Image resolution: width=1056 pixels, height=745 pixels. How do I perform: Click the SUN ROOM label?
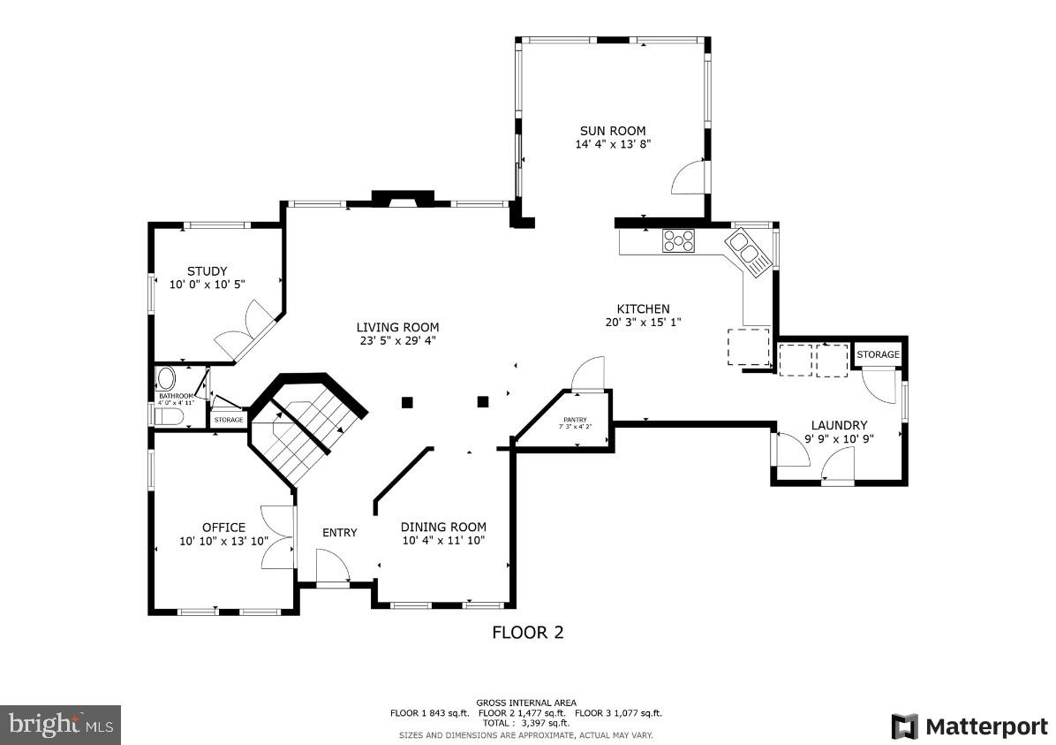tap(613, 131)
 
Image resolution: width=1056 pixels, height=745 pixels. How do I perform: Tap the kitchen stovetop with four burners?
tap(679, 240)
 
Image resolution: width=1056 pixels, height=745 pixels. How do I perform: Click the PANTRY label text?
tap(575, 420)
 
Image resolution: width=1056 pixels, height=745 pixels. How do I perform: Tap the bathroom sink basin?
tap(166, 380)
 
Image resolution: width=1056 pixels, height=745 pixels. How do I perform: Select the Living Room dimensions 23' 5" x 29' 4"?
tap(397, 340)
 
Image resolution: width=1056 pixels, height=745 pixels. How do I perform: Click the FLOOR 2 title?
tap(527, 632)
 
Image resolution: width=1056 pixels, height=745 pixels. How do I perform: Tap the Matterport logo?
tap(969, 726)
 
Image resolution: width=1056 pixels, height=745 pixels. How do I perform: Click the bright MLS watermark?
tap(60, 725)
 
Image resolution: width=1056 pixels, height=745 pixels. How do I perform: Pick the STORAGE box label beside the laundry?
tap(878, 354)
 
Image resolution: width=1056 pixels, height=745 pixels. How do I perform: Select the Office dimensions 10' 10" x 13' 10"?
tap(223, 541)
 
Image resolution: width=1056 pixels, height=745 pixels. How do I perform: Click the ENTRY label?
tap(340, 532)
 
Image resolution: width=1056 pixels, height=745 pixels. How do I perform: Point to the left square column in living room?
tap(407, 402)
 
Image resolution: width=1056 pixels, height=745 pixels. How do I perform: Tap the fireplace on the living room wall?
tap(402, 199)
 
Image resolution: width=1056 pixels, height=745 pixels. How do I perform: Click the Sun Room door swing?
tap(690, 179)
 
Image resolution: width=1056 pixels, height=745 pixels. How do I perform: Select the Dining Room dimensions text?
tap(443, 540)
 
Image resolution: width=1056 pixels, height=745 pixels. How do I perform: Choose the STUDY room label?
tap(207, 271)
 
